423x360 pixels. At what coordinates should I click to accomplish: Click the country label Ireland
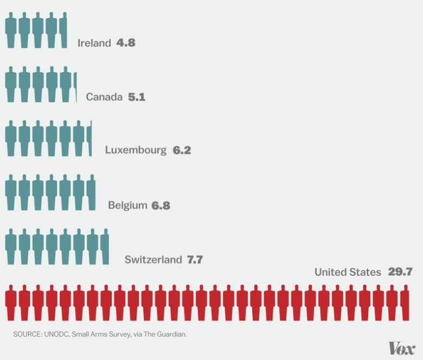point(94,43)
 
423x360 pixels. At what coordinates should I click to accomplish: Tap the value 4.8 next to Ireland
point(126,43)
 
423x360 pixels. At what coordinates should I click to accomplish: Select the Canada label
point(104,98)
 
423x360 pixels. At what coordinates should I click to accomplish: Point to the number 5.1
point(137,98)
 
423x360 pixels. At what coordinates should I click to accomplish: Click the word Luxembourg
point(136,150)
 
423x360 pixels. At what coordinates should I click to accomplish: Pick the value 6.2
point(182,150)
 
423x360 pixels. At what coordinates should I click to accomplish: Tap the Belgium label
point(127,205)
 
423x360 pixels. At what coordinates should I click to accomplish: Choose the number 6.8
point(161,205)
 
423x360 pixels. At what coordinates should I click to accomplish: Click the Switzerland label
point(153,260)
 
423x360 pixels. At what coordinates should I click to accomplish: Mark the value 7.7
point(195,260)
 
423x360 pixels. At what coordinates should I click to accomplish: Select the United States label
point(348,272)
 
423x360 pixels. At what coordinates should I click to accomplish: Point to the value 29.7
point(400,272)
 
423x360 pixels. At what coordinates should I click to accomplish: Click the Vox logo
point(402,349)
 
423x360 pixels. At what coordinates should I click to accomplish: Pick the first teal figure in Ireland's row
point(11,30)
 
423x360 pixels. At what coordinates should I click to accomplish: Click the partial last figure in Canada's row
point(75,85)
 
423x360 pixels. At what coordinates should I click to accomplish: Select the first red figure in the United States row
point(11,303)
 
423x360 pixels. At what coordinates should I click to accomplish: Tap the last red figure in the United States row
point(405,303)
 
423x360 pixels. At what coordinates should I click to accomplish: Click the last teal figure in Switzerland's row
point(105,247)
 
